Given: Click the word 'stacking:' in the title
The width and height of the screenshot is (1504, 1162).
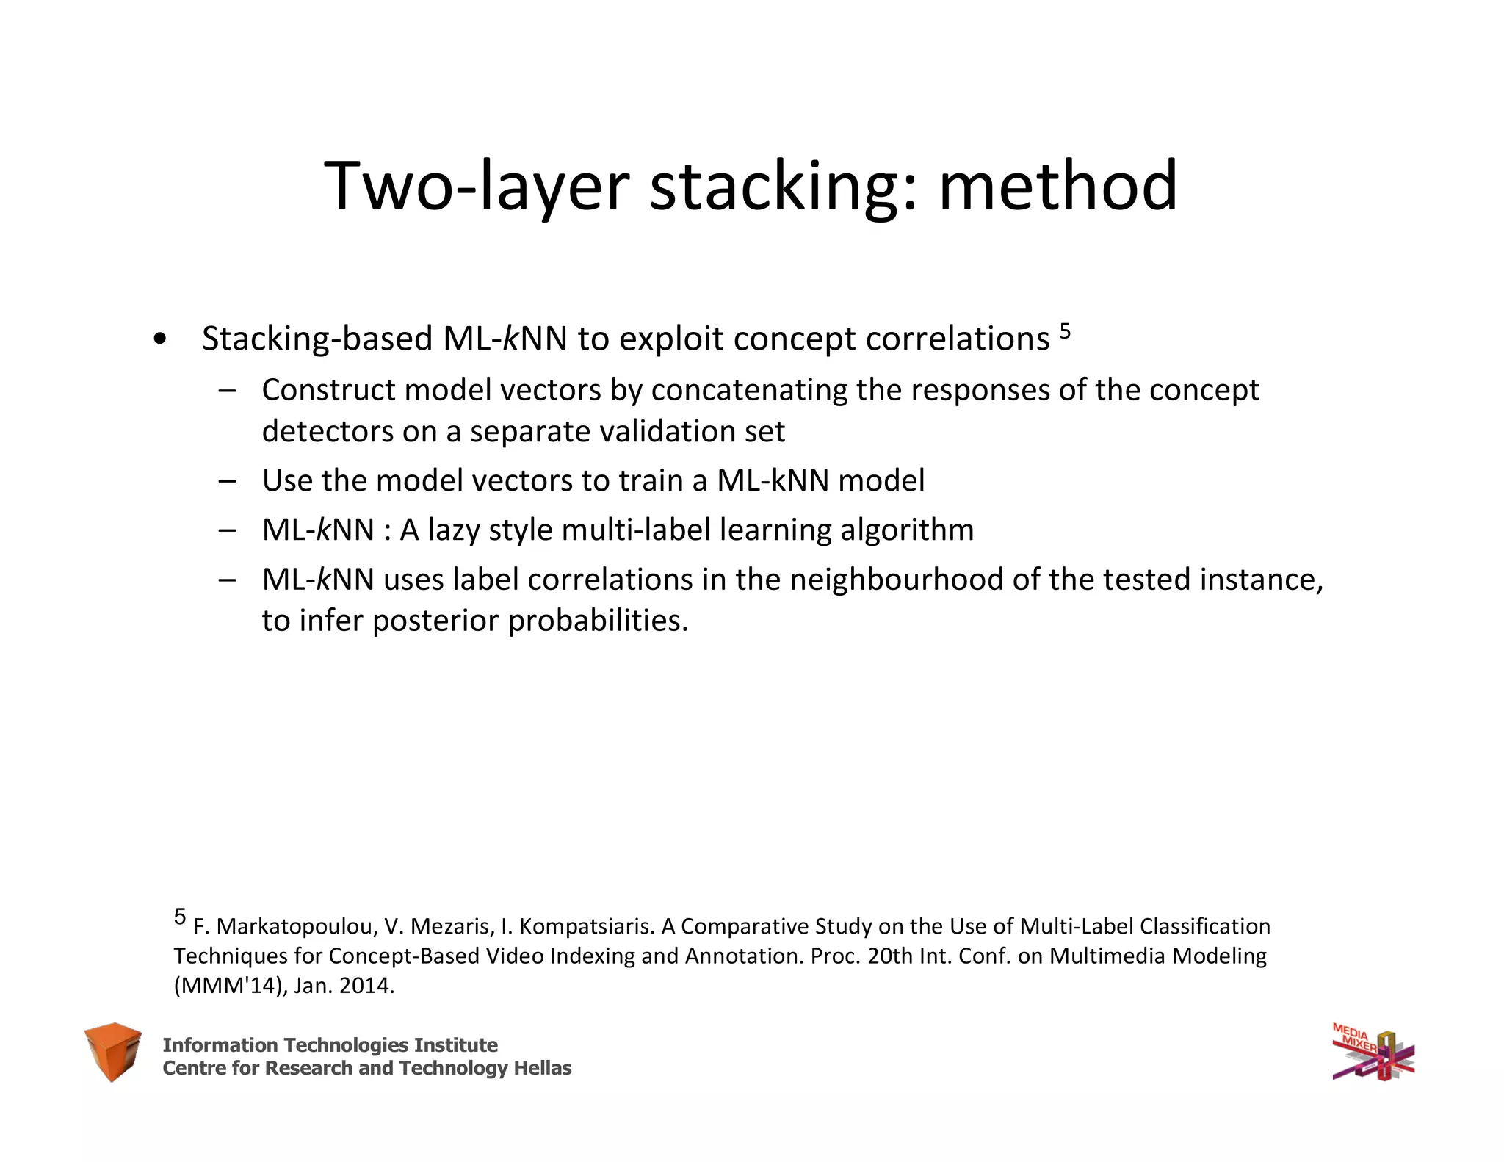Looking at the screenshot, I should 783,187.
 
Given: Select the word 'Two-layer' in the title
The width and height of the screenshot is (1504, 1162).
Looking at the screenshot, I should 476,187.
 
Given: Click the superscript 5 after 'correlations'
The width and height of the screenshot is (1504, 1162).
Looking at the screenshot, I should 1065,333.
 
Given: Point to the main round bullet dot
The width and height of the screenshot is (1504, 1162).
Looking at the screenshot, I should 159,340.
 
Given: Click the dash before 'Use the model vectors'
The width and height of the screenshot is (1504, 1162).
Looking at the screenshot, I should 227,481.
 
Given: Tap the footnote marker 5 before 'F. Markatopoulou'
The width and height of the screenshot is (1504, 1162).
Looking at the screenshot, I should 180,916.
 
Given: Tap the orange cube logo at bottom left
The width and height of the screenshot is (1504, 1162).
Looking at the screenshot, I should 112,1051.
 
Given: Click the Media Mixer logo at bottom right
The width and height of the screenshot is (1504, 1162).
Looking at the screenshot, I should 1373,1053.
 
